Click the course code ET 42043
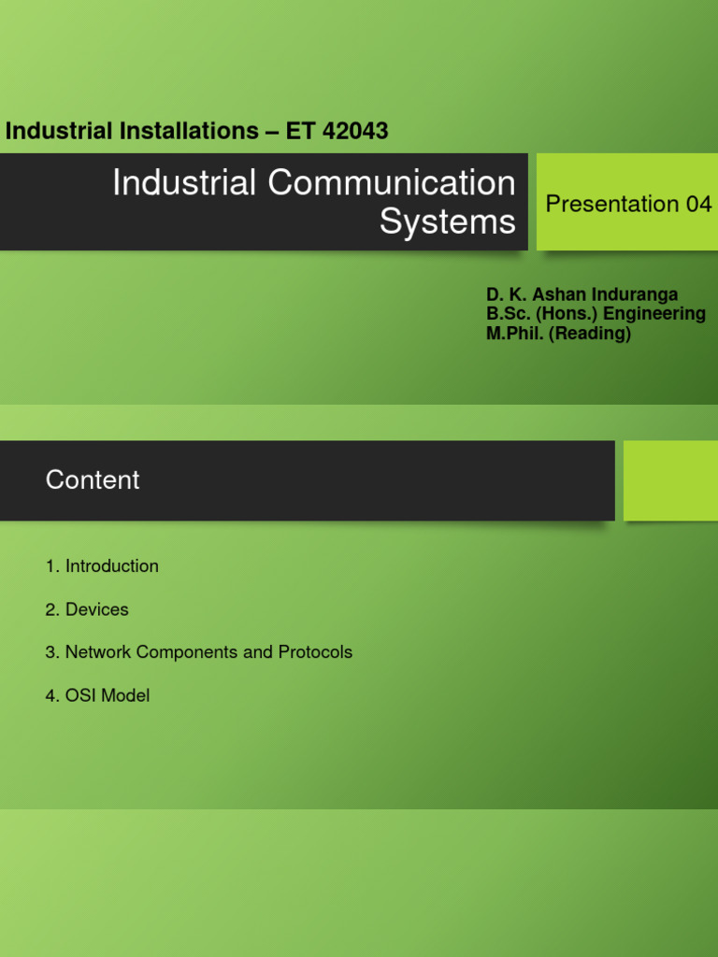337,131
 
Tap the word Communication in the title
392,183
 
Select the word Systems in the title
447,222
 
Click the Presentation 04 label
628,204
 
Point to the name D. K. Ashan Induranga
582,295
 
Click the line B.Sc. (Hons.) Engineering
596,314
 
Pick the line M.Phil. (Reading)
558,333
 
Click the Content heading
93,480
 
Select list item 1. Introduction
102,566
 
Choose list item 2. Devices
87,609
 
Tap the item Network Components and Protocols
208,652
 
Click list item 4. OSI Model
97,695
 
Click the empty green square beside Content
670,480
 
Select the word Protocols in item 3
315,652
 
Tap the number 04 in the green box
698,204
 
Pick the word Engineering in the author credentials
654,314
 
